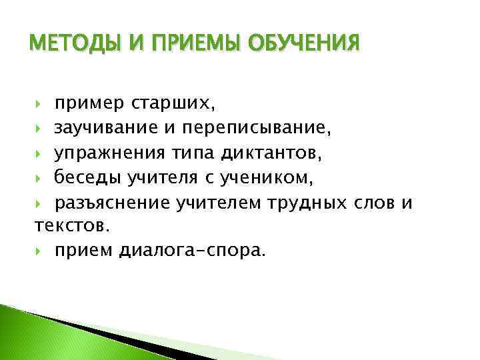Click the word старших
click(175, 105)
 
